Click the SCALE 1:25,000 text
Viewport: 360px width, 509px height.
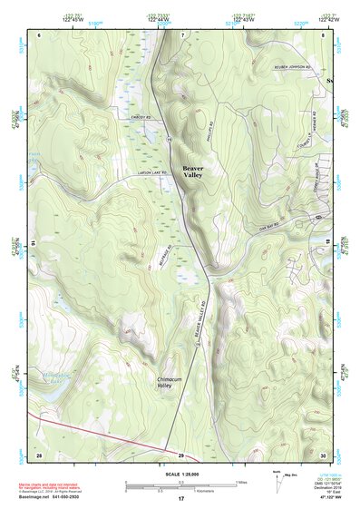[180, 475]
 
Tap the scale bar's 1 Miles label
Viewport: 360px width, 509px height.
[241, 482]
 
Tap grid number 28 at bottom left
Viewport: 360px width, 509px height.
[39, 454]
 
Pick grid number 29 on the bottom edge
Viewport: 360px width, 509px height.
[180, 455]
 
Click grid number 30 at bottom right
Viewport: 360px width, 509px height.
[323, 454]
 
